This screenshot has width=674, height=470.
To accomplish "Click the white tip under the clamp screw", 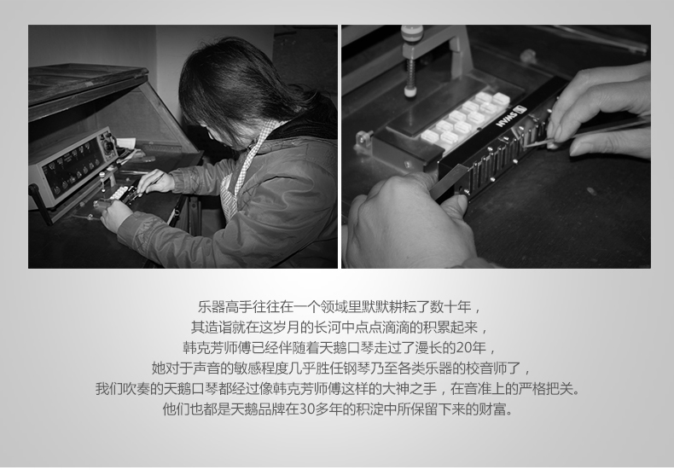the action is pos(410,90).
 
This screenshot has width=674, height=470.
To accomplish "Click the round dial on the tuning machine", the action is pos(109,145).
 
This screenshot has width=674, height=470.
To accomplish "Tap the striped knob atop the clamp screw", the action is pos(412,33).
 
